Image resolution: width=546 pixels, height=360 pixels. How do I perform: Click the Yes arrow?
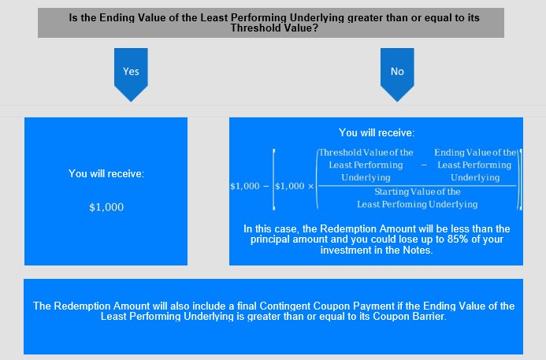click(x=131, y=74)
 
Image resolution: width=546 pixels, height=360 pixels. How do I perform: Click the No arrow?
click(x=397, y=74)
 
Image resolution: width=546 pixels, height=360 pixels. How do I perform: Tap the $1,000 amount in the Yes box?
click(x=106, y=207)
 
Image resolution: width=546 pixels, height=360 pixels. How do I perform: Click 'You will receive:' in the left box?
click(x=106, y=173)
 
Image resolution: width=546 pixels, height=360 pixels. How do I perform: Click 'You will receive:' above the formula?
click(x=377, y=132)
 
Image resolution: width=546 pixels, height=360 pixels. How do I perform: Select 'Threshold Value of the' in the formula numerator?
click(x=366, y=153)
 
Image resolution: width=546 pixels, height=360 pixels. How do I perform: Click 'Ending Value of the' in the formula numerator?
click(x=475, y=153)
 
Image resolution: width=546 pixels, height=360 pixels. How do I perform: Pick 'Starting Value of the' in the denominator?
click(x=418, y=192)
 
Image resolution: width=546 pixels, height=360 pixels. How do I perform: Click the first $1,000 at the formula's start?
click(x=245, y=186)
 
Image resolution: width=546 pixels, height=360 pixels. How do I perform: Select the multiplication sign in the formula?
click(x=310, y=186)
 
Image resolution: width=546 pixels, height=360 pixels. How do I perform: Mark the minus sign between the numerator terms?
click(x=424, y=165)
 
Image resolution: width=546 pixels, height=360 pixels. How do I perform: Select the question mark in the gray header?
click(x=315, y=28)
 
